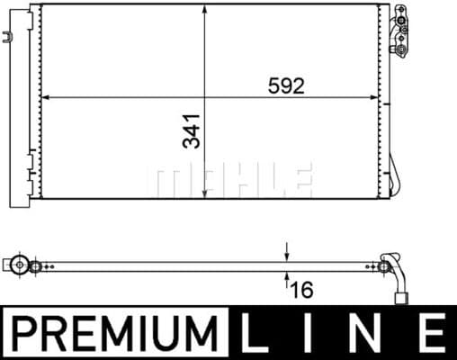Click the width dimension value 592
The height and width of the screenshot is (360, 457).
point(287,86)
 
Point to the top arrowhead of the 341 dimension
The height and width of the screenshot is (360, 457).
point(208,11)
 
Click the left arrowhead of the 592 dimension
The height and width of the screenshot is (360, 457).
point(48,97)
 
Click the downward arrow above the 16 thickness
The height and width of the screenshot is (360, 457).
point(287,255)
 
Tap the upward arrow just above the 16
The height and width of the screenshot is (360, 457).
point(287,275)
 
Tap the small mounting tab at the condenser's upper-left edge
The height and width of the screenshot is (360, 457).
point(9,39)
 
